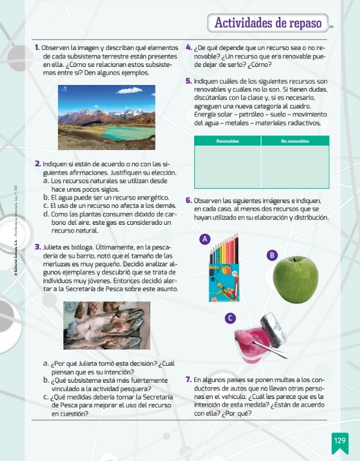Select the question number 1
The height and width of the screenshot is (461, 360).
tap(37, 47)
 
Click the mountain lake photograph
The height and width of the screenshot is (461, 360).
tap(106, 118)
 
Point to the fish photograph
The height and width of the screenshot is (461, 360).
tap(107, 325)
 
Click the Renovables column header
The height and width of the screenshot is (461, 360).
tap(227, 141)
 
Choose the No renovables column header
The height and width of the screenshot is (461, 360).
tap(295, 141)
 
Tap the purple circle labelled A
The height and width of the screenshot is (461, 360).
tap(205, 239)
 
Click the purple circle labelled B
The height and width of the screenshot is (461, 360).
tap(273, 255)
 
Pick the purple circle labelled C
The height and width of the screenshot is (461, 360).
tap(230, 318)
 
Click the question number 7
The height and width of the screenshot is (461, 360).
tap(189, 380)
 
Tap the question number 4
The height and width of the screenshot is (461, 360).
tap(189, 47)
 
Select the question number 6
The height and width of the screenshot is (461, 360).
tap(189, 201)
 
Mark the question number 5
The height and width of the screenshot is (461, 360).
tap(189, 81)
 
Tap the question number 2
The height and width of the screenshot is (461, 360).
tap(37, 163)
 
